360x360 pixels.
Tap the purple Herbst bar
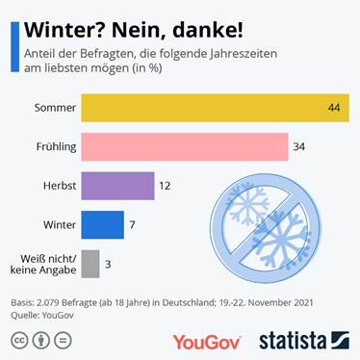point(117,185)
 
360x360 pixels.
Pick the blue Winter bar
point(102,224)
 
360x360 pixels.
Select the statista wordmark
point(293,341)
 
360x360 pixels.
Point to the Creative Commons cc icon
point(19,341)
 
